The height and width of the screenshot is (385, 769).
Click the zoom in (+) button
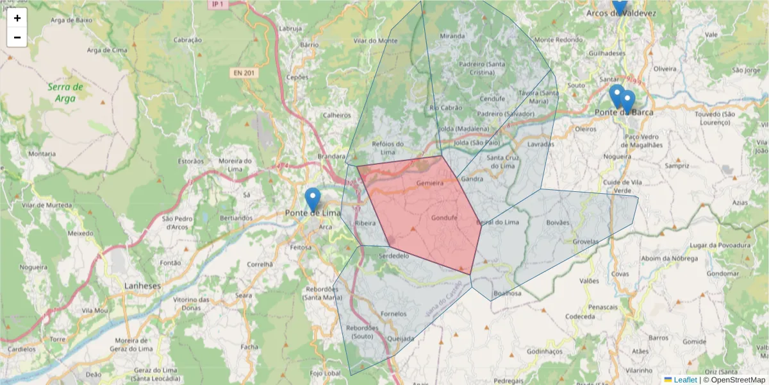click(x=17, y=18)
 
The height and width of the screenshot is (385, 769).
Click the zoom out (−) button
click(x=17, y=37)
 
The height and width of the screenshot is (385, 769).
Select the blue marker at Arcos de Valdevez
click(x=619, y=5)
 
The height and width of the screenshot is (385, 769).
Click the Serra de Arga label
click(x=65, y=92)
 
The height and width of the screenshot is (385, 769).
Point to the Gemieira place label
click(x=430, y=184)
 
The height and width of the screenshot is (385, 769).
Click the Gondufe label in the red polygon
click(x=444, y=218)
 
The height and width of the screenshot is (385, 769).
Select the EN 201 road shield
click(x=244, y=73)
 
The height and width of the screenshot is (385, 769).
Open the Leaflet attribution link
click(x=685, y=380)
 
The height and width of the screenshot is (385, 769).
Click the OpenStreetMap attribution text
click(x=738, y=380)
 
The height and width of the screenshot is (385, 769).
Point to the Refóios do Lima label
click(x=388, y=148)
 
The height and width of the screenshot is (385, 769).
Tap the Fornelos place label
click(x=393, y=314)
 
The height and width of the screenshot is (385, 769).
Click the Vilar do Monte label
click(x=376, y=40)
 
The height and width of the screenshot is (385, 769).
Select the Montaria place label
click(x=42, y=154)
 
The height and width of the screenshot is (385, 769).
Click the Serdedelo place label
click(x=394, y=255)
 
